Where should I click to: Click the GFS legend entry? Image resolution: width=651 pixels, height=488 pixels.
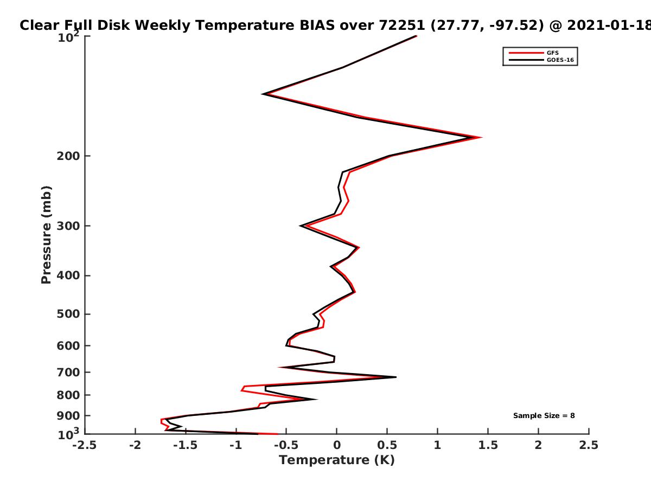(534, 53)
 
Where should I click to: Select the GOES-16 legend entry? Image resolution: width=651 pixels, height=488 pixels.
(541, 60)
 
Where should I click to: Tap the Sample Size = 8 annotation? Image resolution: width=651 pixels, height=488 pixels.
(544, 416)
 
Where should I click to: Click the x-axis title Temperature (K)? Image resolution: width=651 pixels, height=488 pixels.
(337, 460)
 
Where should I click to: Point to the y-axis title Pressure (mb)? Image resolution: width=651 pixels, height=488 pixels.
(46, 235)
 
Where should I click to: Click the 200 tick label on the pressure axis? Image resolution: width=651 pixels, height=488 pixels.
(68, 156)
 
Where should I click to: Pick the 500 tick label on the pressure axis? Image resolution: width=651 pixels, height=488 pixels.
(68, 314)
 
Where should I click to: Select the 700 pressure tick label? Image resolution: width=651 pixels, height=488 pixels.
(68, 372)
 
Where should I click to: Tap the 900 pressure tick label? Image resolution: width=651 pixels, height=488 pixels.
(68, 416)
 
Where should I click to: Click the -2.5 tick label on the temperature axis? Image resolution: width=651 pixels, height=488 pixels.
(85, 445)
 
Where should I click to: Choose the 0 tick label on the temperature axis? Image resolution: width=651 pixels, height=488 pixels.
(337, 445)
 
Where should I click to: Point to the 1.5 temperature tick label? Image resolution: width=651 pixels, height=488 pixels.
(488, 445)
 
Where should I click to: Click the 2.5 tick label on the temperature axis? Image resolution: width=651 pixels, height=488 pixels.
(589, 445)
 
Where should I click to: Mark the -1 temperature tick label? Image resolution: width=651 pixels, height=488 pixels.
(236, 445)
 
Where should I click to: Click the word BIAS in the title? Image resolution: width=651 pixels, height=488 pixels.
(317, 25)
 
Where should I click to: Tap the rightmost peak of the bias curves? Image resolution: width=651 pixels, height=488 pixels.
(481, 137)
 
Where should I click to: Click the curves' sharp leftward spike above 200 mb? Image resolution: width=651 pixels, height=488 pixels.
(263, 94)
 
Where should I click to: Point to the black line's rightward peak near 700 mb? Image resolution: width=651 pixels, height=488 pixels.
(395, 377)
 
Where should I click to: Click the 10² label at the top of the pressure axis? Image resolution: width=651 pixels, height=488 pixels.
(68, 37)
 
